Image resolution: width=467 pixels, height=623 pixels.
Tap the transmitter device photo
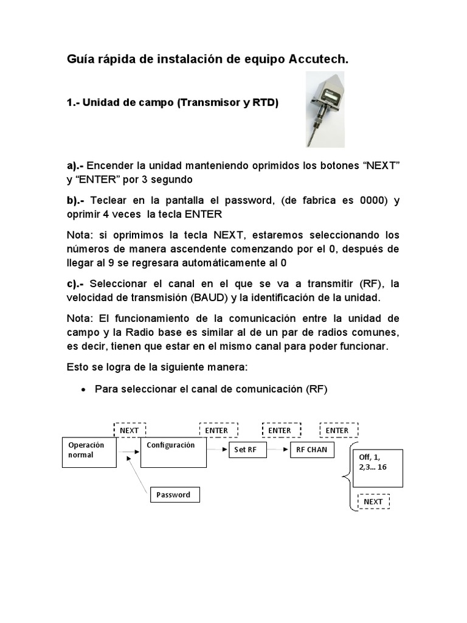pyautogui.click(x=325, y=108)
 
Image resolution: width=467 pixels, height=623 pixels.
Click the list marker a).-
pyautogui.click(x=76, y=165)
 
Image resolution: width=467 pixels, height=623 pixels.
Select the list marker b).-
pyautogui.click(x=76, y=200)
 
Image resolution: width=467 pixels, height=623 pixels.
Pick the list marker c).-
pyautogui.click(x=76, y=284)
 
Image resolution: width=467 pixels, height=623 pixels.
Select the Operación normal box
pyautogui.click(x=89, y=453)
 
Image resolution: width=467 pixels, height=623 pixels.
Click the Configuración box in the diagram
pyautogui.click(x=173, y=453)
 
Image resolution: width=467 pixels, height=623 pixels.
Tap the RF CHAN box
pyautogui.click(x=311, y=450)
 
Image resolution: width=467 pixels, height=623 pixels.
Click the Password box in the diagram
pyautogui.click(x=175, y=495)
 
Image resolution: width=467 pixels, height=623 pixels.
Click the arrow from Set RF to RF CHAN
pyautogui.click(x=277, y=450)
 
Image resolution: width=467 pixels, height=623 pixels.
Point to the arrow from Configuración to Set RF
pyautogui.click(x=216, y=450)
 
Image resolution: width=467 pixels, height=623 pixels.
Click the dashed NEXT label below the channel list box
pyautogui.click(x=373, y=502)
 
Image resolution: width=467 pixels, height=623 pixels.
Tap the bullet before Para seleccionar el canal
pyautogui.click(x=83, y=390)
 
